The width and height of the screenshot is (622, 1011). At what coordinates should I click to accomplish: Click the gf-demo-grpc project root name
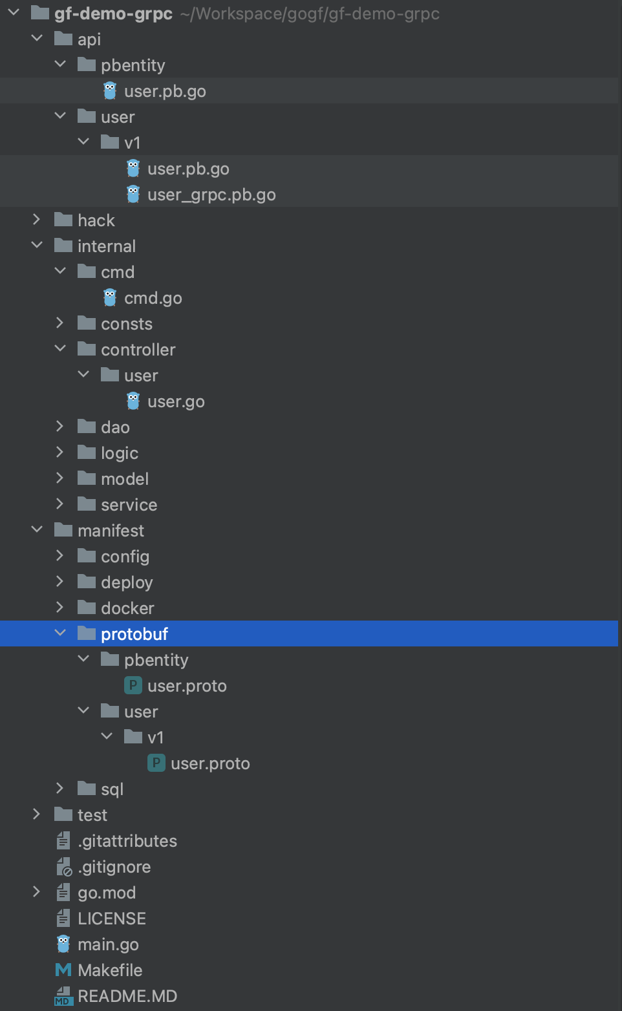tap(113, 14)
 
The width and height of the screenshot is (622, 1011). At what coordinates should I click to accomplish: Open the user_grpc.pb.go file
tap(211, 195)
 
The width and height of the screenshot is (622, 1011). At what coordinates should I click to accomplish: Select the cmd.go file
tap(153, 298)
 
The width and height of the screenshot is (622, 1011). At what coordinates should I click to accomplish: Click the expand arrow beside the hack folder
tap(37, 220)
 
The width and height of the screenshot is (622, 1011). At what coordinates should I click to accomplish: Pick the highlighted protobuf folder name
tap(134, 634)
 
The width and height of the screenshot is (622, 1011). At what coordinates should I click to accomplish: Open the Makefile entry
tap(110, 970)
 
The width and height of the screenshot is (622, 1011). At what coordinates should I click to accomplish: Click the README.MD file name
tap(127, 996)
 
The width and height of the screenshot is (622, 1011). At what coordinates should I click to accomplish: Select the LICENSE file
tap(112, 919)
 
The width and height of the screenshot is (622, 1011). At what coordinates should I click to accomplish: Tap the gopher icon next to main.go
tap(63, 944)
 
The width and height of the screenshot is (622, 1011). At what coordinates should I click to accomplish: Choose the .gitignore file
tap(114, 867)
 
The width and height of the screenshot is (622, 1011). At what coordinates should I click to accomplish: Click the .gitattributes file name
tap(127, 841)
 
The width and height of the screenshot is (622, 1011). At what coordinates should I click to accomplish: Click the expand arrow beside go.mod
tap(37, 892)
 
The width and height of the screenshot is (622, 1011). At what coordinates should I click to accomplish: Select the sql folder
tap(112, 789)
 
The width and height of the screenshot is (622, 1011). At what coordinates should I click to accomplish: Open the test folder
tap(92, 815)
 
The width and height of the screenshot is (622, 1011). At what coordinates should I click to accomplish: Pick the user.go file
tap(176, 401)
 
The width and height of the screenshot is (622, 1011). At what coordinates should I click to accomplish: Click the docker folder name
tap(127, 608)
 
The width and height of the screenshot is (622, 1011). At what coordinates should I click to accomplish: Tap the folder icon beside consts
tap(87, 323)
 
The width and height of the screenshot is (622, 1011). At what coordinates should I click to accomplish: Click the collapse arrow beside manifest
tap(37, 530)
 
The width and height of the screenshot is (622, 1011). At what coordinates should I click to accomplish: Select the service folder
tap(129, 505)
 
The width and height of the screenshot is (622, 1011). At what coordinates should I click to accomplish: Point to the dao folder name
tap(115, 427)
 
